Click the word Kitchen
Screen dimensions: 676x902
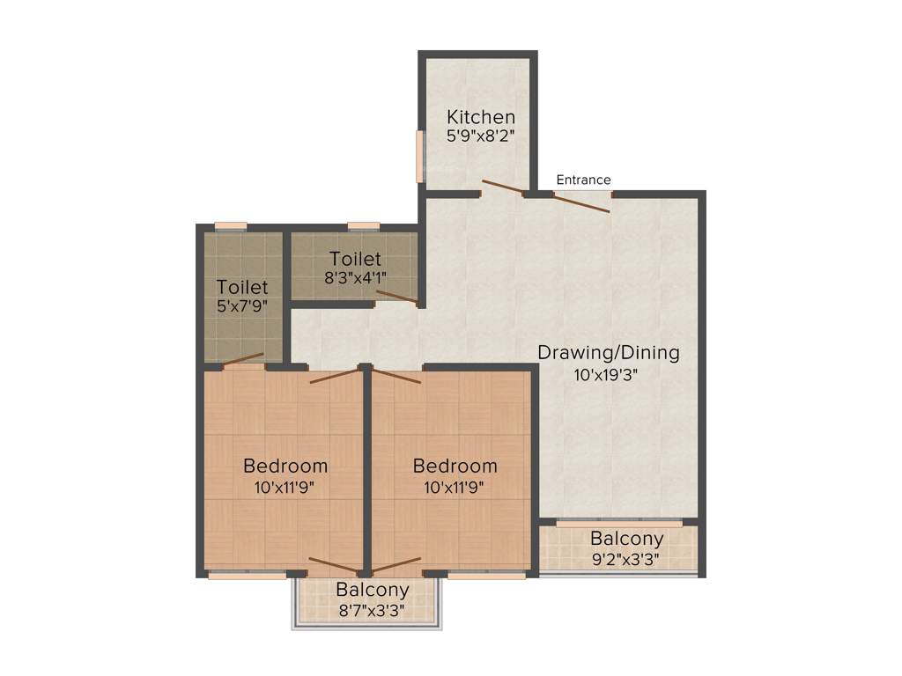coord(480,116)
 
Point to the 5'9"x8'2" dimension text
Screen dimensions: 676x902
coord(480,136)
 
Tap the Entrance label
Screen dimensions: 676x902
coord(583,180)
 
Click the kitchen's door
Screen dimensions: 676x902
coord(502,187)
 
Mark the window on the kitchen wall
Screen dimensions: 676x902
coord(420,157)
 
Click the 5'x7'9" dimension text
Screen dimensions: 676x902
coord(242,307)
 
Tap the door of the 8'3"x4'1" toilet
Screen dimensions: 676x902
coord(396,298)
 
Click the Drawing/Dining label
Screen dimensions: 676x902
coord(609,353)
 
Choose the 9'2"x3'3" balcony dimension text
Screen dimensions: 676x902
coord(626,558)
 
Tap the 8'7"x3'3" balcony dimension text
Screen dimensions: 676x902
coord(372,610)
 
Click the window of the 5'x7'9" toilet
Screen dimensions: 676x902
coord(232,226)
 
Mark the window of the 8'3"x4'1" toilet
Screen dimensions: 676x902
coord(364,226)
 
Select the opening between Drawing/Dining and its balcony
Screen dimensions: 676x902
coord(618,523)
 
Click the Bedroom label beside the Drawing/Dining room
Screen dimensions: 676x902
coord(455,466)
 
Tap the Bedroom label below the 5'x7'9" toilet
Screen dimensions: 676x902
coord(285,466)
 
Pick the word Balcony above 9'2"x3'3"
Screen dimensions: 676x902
coord(627,538)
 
